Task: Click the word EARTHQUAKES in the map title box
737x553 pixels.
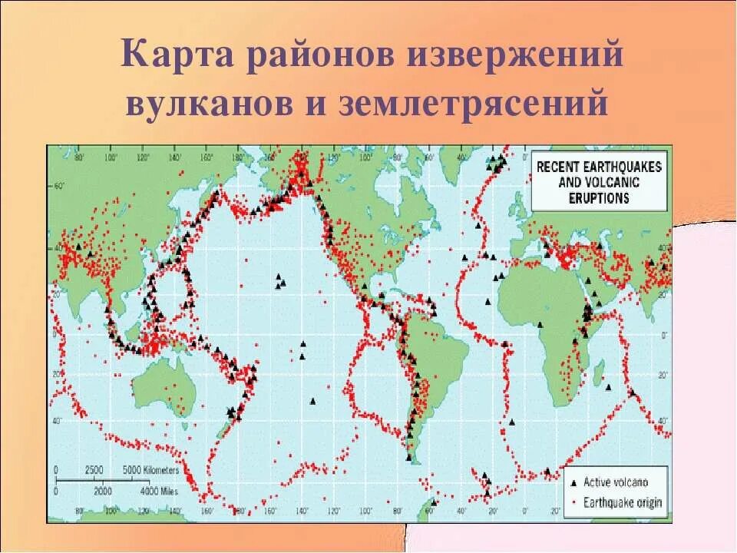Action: (x=622, y=167)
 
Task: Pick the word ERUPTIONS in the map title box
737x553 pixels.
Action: (x=599, y=198)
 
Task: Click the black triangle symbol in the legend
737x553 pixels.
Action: (x=572, y=482)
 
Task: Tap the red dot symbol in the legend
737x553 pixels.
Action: (x=572, y=502)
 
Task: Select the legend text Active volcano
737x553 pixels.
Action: (x=616, y=482)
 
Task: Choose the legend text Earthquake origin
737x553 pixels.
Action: (x=623, y=502)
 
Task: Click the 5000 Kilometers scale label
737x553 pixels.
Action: (x=151, y=469)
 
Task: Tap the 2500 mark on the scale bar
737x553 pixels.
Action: (x=94, y=469)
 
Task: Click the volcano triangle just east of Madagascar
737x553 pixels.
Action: (x=633, y=392)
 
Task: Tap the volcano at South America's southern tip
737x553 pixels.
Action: (x=410, y=458)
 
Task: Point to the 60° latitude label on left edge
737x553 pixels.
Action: (x=58, y=186)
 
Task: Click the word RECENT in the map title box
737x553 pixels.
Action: (x=560, y=167)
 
